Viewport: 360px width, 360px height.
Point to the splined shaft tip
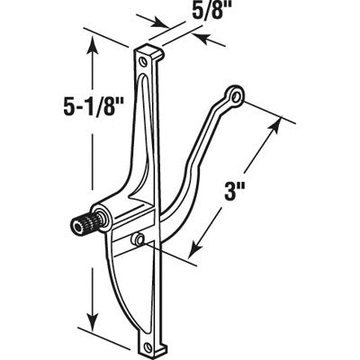point(78,224)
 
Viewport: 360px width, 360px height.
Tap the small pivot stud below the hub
point(138,238)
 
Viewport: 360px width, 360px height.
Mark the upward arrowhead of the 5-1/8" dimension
point(91,51)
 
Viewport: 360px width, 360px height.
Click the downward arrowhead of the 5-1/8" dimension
point(91,328)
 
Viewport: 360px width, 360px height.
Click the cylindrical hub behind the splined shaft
point(102,218)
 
